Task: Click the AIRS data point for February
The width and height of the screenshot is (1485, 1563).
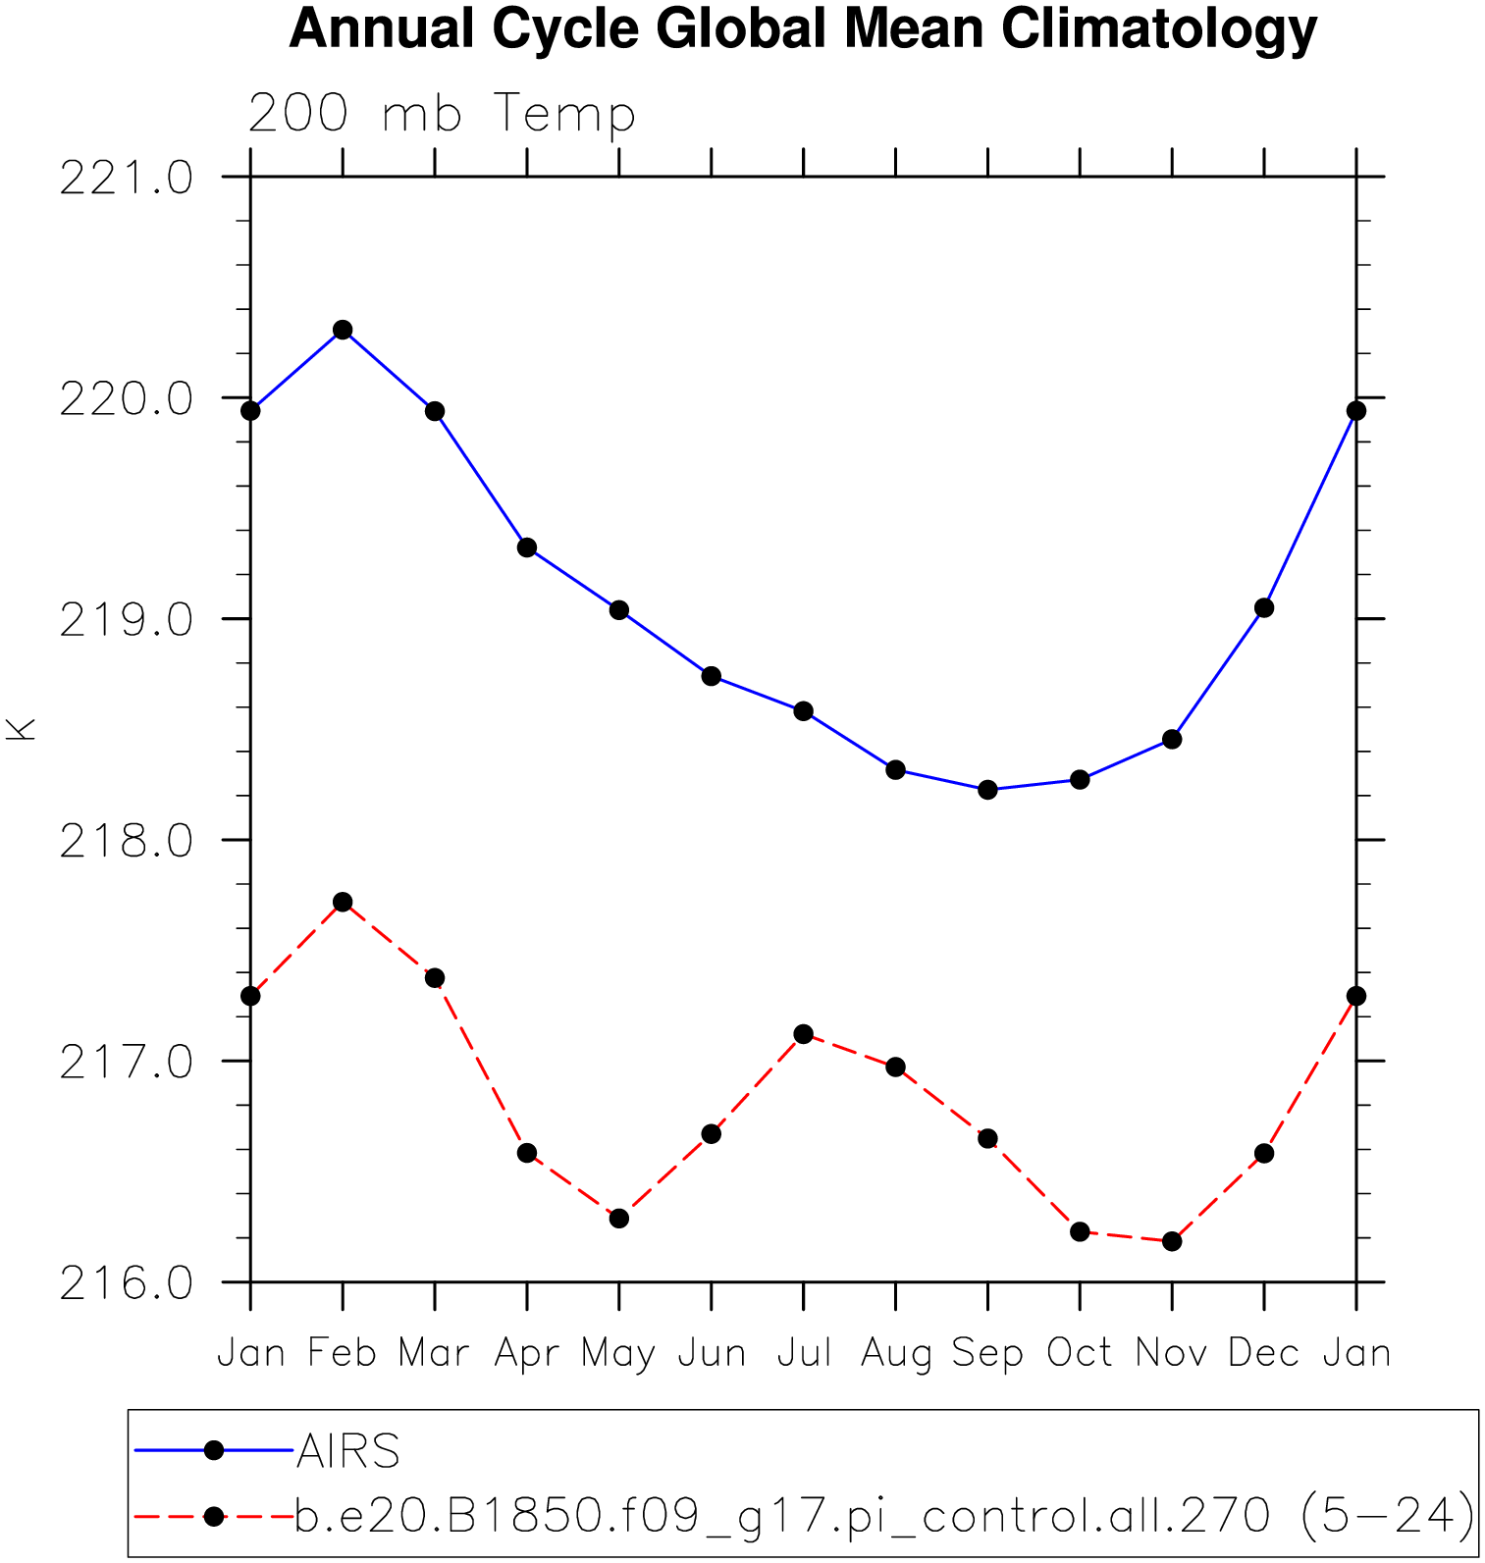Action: pyautogui.click(x=343, y=330)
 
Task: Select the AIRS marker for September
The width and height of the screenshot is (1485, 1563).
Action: pyautogui.click(x=987, y=790)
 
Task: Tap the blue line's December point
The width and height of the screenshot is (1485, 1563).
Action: pyautogui.click(x=1264, y=608)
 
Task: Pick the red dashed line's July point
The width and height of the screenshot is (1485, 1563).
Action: pyautogui.click(x=804, y=1034)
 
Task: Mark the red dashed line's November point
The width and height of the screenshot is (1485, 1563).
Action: pyautogui.click(x=1172, y=1241)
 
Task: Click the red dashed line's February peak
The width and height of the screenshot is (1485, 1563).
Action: pyautogui.click(x=343, y=903)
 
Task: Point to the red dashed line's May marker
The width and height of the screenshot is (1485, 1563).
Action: pyautogui.click(x=618, y=1219)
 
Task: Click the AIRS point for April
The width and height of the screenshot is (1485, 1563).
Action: pyautogui.click(x=527, y=547)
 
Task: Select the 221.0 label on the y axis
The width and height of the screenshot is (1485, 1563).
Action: pyautogui.click(x=126, y=180)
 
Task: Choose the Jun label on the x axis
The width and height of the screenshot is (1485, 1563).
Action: pyautogui.click(x=712, y=1353)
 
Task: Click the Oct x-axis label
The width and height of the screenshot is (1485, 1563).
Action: pyautogui.click(x=1080, y=1353)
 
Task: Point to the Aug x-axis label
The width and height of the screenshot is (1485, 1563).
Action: pyautogui.click(x=895, y=1353)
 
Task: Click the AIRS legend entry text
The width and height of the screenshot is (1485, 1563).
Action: pyautogui.click(x=348, y=1451)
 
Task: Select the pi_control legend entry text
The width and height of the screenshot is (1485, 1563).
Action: pyautogui.click(x=883, y=1517)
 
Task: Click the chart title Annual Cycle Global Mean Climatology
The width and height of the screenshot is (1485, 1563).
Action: pyautogui.click(x=803, y=28)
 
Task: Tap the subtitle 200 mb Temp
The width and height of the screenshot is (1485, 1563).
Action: pyautogui.click(x=442, y=114)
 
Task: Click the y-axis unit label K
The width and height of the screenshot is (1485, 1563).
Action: pyautogui.click(x=21, y=729)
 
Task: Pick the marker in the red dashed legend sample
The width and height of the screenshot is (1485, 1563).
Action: pyautogui.click(x=214, y=1517)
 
